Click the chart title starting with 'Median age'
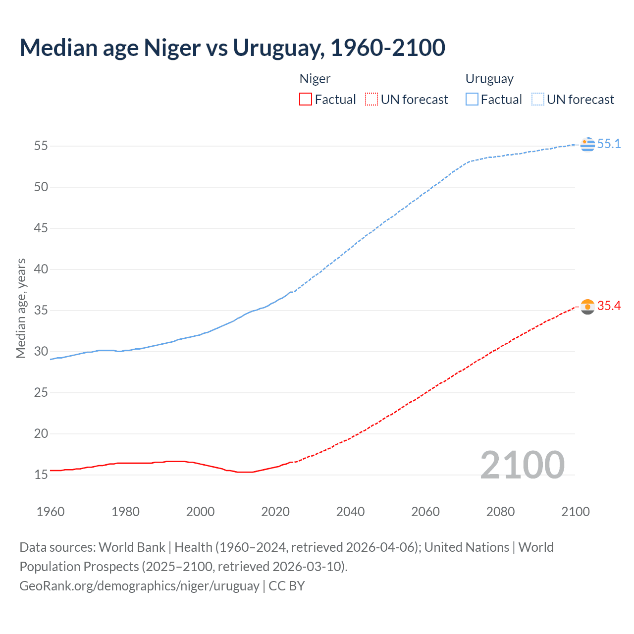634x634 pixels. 232,48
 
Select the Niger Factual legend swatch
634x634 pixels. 306,99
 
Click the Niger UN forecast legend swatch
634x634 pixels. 371,99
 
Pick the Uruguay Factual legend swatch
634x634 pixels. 472,99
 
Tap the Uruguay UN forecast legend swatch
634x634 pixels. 537,99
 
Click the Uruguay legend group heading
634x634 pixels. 489,79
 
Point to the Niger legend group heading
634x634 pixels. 315,79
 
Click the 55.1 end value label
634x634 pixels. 609,144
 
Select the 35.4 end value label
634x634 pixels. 609,306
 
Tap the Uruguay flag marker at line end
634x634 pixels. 587,144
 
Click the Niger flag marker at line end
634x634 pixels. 587,307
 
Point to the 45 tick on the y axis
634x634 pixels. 41,228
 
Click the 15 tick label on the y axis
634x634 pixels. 41,475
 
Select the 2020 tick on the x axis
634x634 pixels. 275,512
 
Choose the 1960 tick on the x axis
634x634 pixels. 51,512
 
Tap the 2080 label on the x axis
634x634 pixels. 500,512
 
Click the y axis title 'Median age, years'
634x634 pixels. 21,308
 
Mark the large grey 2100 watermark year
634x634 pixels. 522,465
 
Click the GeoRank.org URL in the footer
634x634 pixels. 139,585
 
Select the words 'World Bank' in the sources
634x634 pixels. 132,547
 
